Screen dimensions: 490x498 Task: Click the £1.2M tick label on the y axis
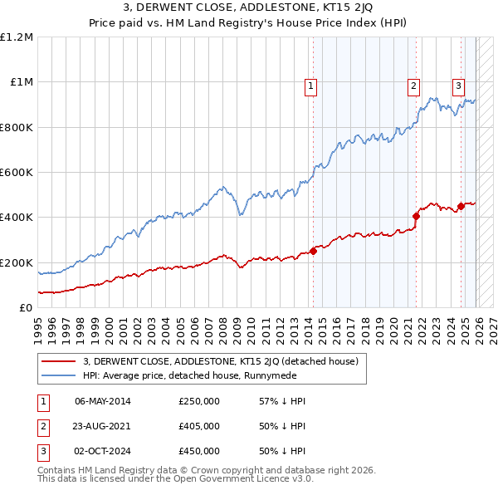17,37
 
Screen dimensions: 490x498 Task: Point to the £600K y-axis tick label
17,173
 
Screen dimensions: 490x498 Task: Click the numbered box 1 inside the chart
310,84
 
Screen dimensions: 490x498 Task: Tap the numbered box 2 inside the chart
413,84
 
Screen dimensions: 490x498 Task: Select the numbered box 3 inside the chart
458,84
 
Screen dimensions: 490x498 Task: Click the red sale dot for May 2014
313,251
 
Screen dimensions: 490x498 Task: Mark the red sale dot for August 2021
416,216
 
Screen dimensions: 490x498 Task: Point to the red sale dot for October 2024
460,206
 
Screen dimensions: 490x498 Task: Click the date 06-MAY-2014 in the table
103,402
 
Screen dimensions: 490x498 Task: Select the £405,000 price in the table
199,426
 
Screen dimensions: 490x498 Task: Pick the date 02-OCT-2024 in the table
103,451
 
